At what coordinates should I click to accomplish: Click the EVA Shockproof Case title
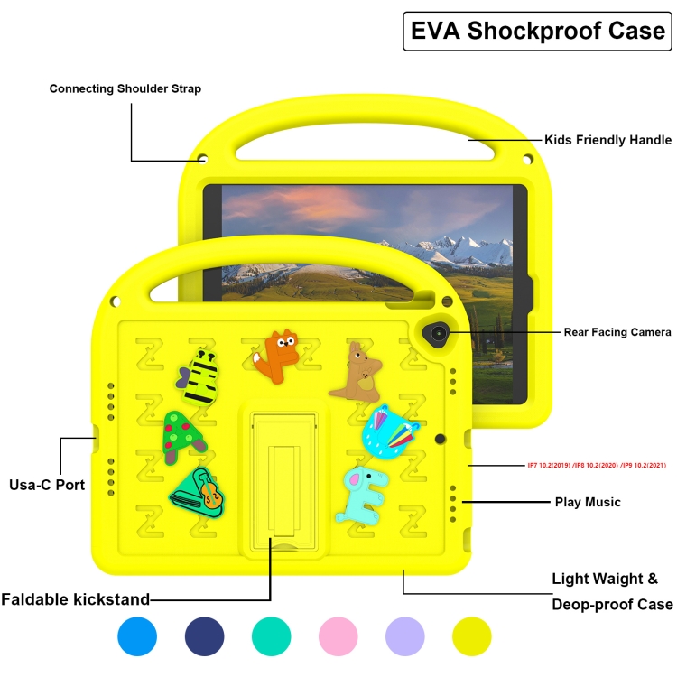click(538, 31)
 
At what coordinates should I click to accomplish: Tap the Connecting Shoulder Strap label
click(125, 88)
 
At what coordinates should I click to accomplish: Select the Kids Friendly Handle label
click(607, 140)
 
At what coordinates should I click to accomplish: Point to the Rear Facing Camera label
click(617, 332)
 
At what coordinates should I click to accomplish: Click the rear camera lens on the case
click(438, 334)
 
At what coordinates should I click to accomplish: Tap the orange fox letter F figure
click(276, 357)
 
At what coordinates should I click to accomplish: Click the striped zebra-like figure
click(199, 377)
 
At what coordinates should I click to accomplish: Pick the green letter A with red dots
click(182, 437)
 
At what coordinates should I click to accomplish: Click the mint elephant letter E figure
click(363, 496)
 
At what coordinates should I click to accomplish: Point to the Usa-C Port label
click(47, 485)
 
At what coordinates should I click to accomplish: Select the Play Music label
click(588, 502)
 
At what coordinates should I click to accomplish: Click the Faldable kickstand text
click(75, 599)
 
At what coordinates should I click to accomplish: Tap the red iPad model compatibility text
click(597, 466)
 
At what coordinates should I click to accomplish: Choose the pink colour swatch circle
click(338, 636)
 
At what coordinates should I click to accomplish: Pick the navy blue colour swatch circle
click(204, 636)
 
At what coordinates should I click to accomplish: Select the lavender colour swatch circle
click(405, 636)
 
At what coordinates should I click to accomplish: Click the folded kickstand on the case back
click(284, 481)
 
